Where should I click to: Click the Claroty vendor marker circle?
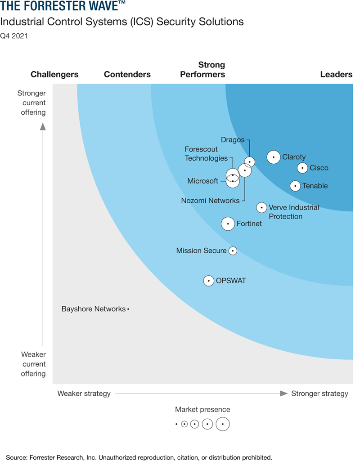[273, 157]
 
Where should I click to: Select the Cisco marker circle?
[302, 168]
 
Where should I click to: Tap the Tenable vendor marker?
[295, 186]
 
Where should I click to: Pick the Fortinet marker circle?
[228, 224]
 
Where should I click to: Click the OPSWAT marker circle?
[208, 281]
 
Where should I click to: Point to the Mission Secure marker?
[233, 251]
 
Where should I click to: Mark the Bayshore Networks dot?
[128, 309]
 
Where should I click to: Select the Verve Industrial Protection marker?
[261, 207]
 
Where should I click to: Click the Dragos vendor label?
[233, 140]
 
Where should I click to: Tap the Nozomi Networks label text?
[210, 201]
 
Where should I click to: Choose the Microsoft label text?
[202, 181]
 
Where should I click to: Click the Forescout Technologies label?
[207, 154]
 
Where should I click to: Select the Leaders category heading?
[336, 75]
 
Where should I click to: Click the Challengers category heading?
[54, 75]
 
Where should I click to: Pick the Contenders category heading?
[127, 75]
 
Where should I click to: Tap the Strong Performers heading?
[202, 70]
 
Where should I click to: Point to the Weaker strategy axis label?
[84, 394]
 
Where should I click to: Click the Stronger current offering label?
[31, 103]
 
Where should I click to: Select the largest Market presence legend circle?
[223, 424]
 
